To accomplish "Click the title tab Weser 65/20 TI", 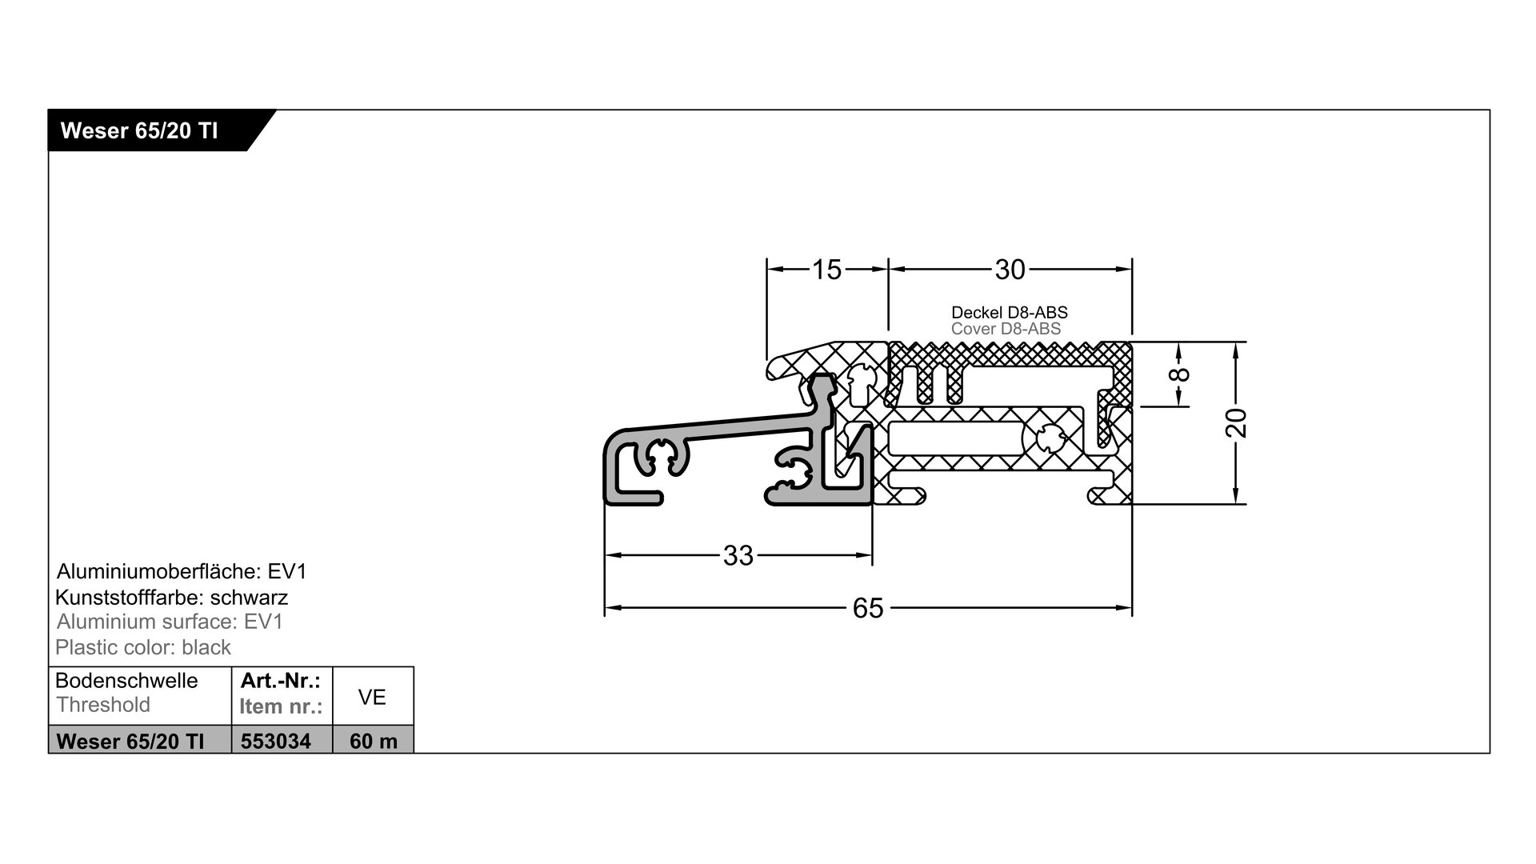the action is pyautogui.click(x=139, y=130).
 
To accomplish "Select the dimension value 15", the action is pyautogui.click(x=827, y=270).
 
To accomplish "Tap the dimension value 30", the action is pyautogui.click(x=1010, y=270).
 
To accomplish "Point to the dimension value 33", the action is pyautogui.click(x=738, y=555).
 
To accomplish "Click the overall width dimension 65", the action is pyautogui.click(x=868, y=609).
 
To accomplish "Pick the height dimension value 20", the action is pyautogui.click(x=1237, y=422).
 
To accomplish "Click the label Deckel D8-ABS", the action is pyautogui.click(x=1009, y=312).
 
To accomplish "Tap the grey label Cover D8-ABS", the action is pyautogui.click(x=1006, y=329).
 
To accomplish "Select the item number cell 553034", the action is pyautogui.click(x=276, y=741).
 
